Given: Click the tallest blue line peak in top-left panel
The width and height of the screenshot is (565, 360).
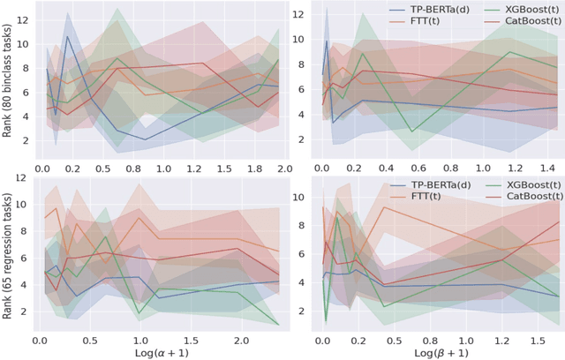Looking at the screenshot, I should click(x=68, y=37).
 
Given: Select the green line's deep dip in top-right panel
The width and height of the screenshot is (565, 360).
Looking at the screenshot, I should click(x=411, y=131).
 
